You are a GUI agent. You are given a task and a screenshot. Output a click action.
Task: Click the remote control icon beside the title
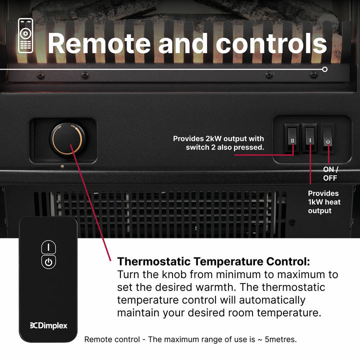(x=25, y=35)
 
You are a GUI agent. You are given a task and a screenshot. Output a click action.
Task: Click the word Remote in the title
(x=99, y=43)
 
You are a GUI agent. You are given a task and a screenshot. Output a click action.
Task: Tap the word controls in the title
(x=271, y=43)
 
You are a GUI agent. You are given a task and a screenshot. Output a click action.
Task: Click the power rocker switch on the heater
(x=327, y=138)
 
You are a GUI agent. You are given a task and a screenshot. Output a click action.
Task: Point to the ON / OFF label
(x=330, y=173)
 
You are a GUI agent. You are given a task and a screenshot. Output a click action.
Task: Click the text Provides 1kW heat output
(x=324, y=202)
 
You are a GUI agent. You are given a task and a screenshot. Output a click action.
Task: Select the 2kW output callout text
(x=218, y=143)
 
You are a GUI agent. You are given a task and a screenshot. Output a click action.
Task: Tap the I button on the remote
(x=48, y=247)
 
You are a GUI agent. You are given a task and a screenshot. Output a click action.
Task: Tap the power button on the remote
(x=48, y=261)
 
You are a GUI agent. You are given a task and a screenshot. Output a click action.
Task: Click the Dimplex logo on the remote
(x=48, y=325)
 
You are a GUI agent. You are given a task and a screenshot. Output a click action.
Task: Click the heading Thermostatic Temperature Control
(x=213, y=261)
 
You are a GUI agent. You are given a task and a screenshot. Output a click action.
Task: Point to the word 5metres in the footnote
(x=280, y=339)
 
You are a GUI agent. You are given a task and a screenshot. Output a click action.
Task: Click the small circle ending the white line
(x=324, y=69)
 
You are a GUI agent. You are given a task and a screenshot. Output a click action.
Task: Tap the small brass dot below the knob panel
(x=62, y=166)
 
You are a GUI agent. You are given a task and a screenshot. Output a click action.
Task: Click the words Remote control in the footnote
(x=112, y=339)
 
